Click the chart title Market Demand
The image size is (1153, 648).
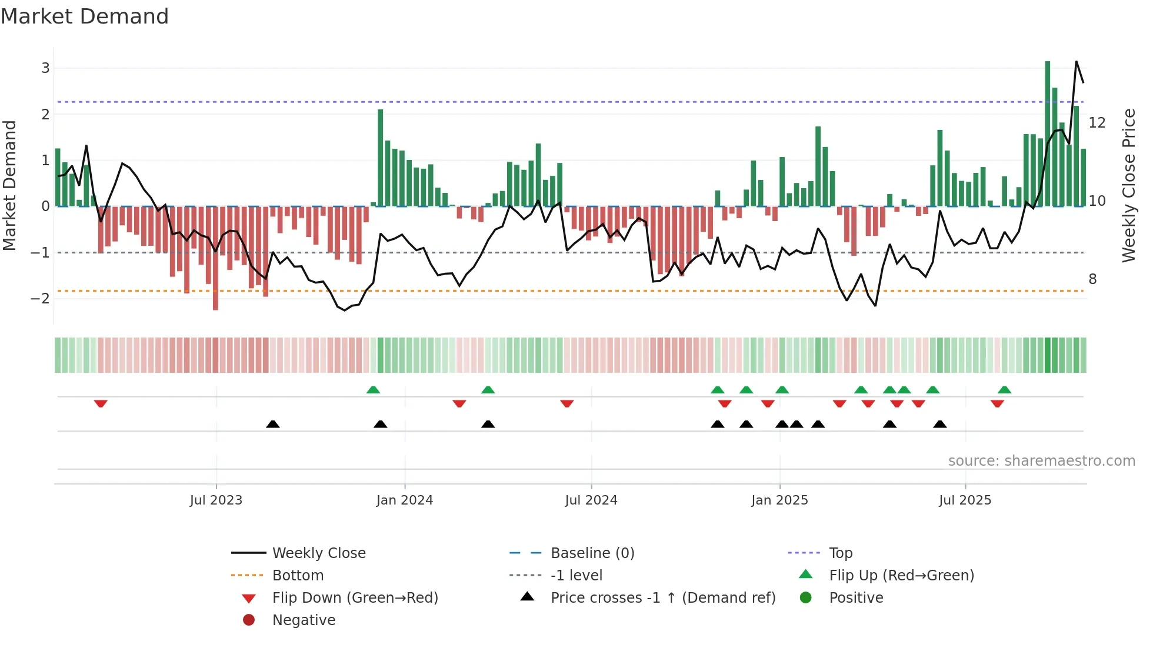[85, 16]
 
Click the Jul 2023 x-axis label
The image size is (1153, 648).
[216, 500]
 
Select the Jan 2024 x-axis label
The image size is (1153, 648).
[405, 500]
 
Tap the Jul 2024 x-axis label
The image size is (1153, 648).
[591, 500]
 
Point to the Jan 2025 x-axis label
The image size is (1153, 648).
[779, 500]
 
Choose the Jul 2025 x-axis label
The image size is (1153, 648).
[965, 500]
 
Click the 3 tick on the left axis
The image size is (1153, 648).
[45, 68]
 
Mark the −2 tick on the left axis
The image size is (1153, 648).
[41, 299]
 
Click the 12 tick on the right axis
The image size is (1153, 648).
[1097, 123]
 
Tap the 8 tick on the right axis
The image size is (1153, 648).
[1092, 279]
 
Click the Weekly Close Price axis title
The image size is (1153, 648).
[1128, 185]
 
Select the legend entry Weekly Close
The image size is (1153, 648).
[318, 553]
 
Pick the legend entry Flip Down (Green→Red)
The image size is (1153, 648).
[355, 598]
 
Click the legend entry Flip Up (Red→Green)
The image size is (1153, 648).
[901, 576]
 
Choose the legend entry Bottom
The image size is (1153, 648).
[298, 576]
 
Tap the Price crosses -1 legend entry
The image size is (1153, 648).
[662, 598]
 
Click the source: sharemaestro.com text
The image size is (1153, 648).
[1041, 461]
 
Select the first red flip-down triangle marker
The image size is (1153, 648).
[101, 403]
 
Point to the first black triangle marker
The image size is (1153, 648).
[273, 424]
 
